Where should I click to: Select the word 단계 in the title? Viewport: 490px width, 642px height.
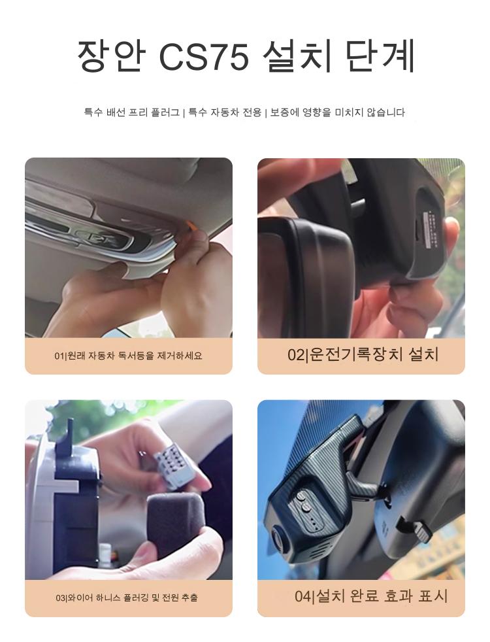tap(380, 56)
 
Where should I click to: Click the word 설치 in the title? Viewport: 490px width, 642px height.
tap(297, 56)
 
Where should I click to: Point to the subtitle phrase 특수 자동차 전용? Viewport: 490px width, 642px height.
tap(225, 112)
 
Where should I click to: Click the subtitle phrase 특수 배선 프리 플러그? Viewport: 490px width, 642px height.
tap(132, 112)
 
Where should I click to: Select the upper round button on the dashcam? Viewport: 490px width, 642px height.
tap(302, 496)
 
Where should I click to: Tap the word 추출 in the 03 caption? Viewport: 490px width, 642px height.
tap(189, 598)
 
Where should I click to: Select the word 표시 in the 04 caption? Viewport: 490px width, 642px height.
tap(433, 596)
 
